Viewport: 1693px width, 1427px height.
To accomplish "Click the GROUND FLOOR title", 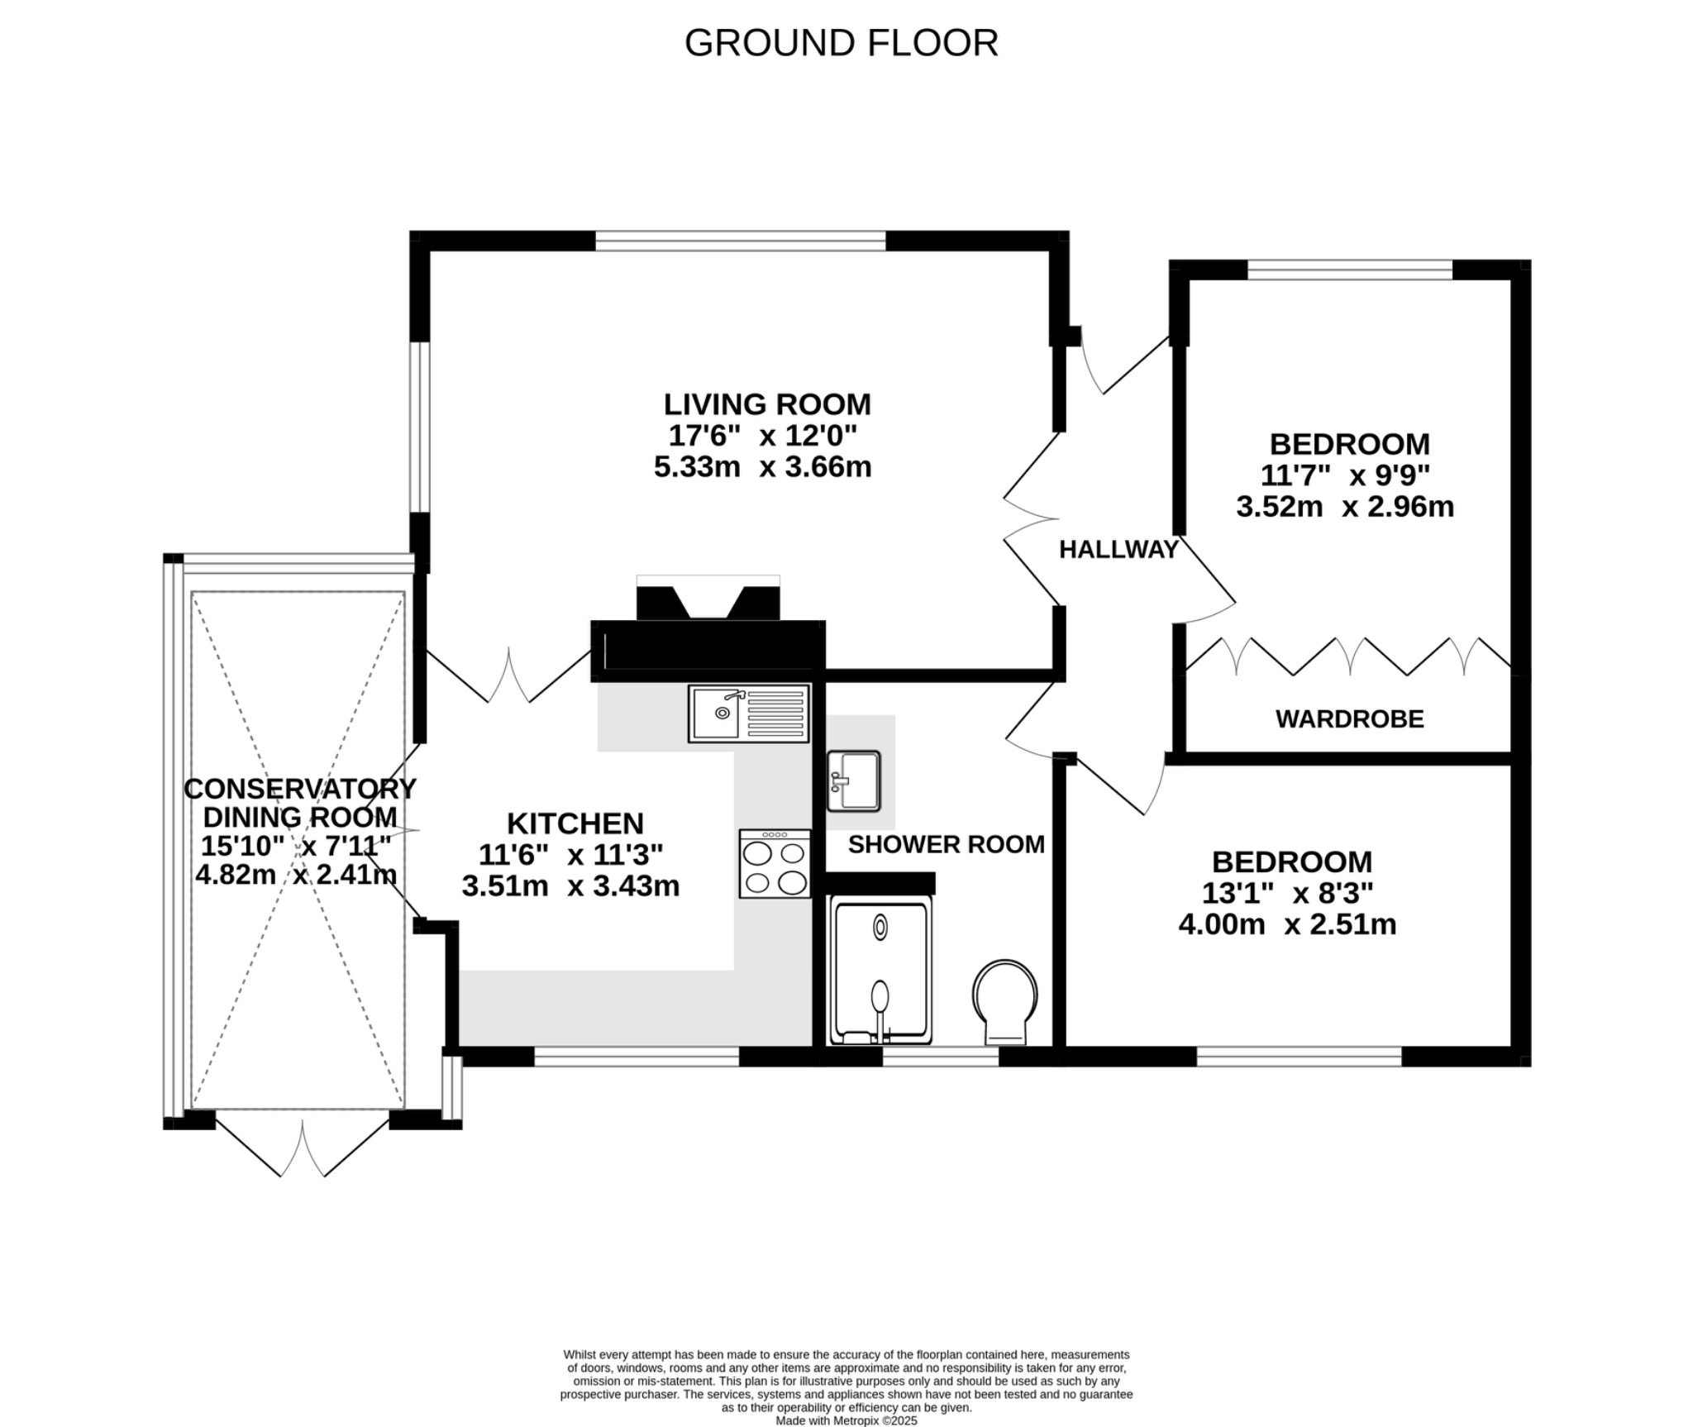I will click(841, 43).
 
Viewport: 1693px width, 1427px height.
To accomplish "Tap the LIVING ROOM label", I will click(767, 404).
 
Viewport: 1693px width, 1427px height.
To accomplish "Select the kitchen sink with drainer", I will click(748, 713).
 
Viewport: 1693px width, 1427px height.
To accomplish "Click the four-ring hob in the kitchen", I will click(775, 864).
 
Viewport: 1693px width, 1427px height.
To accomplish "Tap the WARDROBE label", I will click(1349, 719).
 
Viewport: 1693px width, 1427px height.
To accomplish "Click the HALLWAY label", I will click(1118, 550).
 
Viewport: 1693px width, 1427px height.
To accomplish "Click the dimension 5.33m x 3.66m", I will click(762, 467).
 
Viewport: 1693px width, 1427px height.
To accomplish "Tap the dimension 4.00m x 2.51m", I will click(1287, 924).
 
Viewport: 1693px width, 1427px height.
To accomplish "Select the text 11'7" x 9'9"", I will click(1345, 475).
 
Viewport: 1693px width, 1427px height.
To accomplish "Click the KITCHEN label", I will click(575, 823).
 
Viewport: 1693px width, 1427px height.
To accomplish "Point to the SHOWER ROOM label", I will click(946, 844).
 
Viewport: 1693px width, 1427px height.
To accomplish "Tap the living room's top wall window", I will click(741, 241).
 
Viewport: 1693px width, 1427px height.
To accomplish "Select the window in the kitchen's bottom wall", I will click(636, 1057).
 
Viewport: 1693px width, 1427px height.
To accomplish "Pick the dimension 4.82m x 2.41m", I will click(296, 875).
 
